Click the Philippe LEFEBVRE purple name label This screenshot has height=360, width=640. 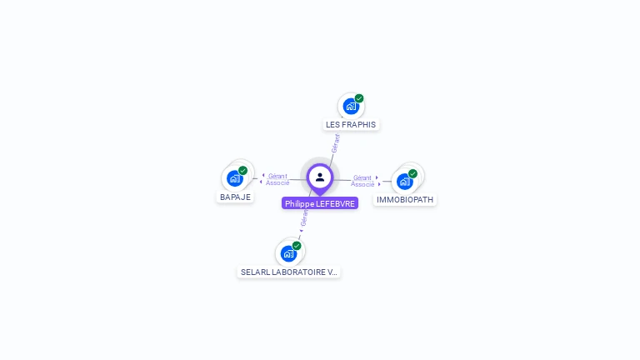pyautogui.click(x=320, y=203)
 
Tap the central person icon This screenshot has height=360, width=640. pyautogui.click(x=320, y=177)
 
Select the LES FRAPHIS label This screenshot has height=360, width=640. pyautogui.click(x=351, y=124)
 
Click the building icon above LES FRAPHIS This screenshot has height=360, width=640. pyautogui.click(x=351, y=107)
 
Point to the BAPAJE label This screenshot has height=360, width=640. pyautogui.click(x=235, y=197)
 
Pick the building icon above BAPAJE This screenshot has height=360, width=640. pyautogui.click(x=235, y=178)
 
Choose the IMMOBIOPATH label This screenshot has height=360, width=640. pyautogui.click(x=405, y=200)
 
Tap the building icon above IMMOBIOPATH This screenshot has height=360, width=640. pyautogui.click(x=404, y=181)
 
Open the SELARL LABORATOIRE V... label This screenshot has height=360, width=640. pyautogui.click(x=289, y=272)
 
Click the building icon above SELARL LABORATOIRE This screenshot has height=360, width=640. pyautogui.click(x=288, y=253)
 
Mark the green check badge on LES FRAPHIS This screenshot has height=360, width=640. pyautogui.click(x=359, y=98)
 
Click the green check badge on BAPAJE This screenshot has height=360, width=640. pyautogui.click(x=243, y=170)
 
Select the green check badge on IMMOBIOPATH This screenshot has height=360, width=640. pyautogui.click(x=412, y=173)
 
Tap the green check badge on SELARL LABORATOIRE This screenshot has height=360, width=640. pyautogui.click(x=297, y=246)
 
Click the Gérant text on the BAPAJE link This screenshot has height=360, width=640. pyautogui.click(x=277, y=176)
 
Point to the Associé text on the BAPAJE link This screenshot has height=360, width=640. pyautogui.click(x=277, y=182)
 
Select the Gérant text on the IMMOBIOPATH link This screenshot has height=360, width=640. pyautogui.click(x=362, y=177)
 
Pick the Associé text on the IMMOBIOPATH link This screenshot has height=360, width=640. pyautogui.click(x=362, y=184)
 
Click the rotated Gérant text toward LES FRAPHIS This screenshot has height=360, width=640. pyautogui.click(x=335, y=143)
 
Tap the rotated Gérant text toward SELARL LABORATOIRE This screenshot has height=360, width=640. pyautogui.click(x=305, y=219)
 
